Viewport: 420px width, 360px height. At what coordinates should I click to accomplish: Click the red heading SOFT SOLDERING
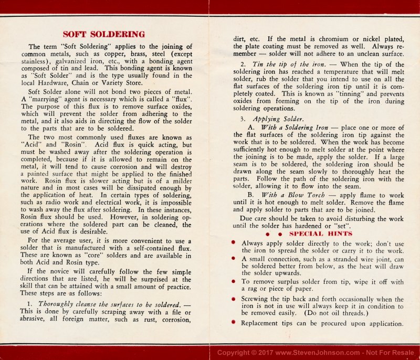point(103,35)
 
